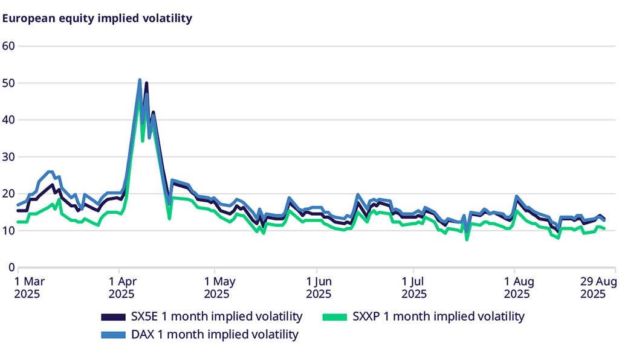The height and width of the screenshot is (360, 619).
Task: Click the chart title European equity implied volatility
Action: click(x=97, y=18)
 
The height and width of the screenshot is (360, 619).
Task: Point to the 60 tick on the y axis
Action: click(x=8, y=46)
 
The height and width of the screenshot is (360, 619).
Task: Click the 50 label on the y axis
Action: click(x=8, y=83)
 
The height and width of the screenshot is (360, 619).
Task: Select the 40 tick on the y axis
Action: click(x=8, y=120)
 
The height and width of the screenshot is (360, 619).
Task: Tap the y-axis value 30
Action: click(x=8, y=156)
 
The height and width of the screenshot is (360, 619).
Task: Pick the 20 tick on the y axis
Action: click(x=8, y=193)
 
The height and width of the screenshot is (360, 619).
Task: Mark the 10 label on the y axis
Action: click(x=8, y=230)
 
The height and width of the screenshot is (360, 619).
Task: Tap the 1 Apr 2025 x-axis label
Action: click(x=123, y=288)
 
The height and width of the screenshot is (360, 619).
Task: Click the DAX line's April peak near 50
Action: click(x=140, y=80)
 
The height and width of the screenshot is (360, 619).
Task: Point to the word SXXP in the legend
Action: click(x=365, y=316)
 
